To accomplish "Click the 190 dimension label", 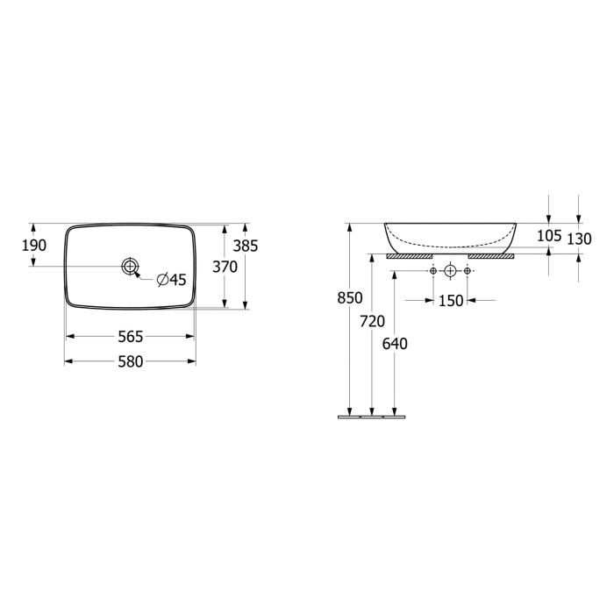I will pyautogui.click(x=34, y=246).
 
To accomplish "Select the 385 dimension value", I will pyautogui.click(x=246, y=246).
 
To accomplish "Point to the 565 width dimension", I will pyautogui.click(x=131, y=337).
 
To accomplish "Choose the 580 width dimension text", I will pyautogui.click(x=131, y=361).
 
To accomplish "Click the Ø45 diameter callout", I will pyautogui.click(x=172, y=280).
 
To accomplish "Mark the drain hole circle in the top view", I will pyautogui.click(x=131, y=265).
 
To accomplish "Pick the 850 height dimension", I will pyautogui.click(x=350, y=298).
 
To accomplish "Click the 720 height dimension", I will pyautogui.click(x=373, y=321).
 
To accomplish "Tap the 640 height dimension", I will pyautogui.click(x=396, y=344).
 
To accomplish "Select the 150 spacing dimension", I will pyautogui.click(x=451, y=301).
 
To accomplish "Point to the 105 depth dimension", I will pyautogui.click(x=548, y=236).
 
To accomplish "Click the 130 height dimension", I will pyautogui.click(x=580, y=238).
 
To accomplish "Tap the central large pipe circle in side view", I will pyautogui.click(x=450, y=271).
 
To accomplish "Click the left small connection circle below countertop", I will pyautogui.click(x=433, y=271).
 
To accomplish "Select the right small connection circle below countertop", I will pyautogui.click(x=467, y=271).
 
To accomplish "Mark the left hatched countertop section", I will pyautogui.click(x=410, y=257).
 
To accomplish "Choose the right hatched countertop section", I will pyautogui.click(x=491, y=257).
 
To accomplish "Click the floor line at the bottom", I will pyautogui.click(x=372, y=417).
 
